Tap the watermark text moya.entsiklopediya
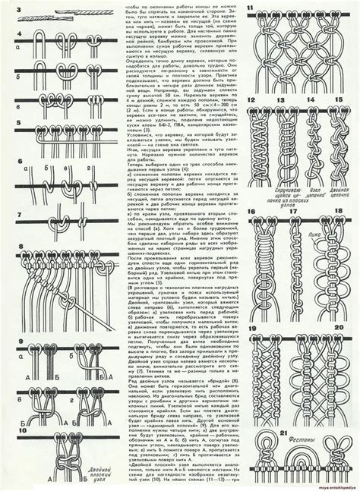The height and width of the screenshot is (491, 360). (333, 486)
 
